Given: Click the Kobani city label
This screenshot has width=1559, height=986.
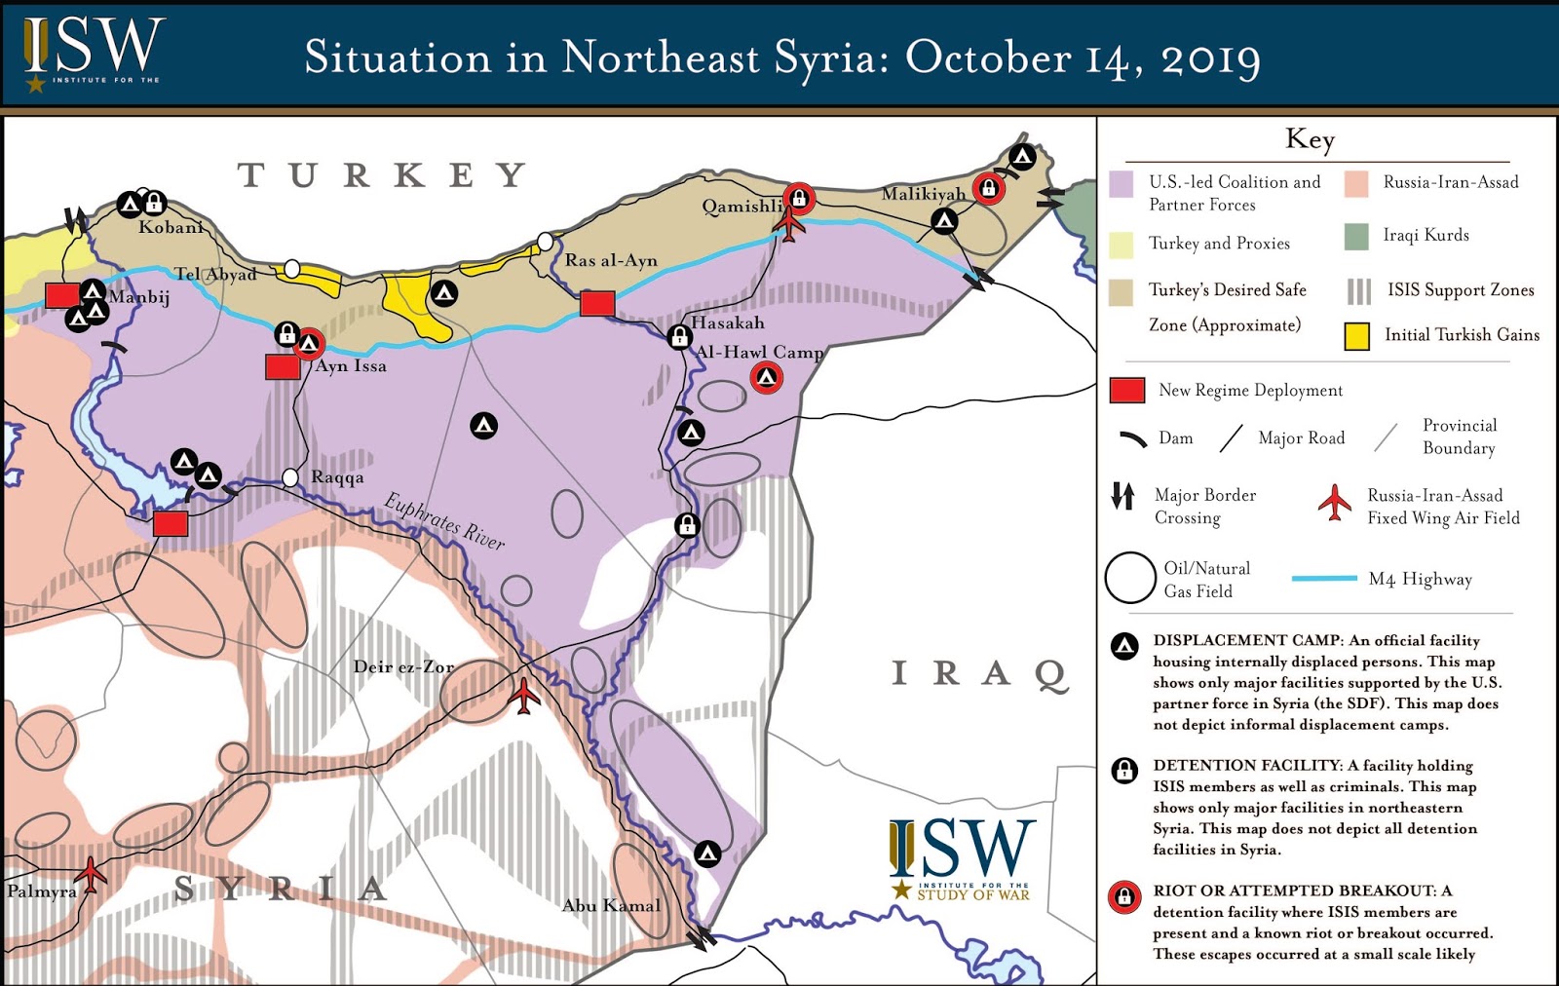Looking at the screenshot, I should tap(171, 227).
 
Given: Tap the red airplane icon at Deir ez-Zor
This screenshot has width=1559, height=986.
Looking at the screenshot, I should tap(524, 696).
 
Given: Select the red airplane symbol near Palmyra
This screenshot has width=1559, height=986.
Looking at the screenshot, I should tap(91, 874).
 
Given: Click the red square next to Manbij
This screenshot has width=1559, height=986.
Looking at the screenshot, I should tap(62, 295).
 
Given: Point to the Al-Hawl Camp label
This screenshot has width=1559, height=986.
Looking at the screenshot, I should tap(759, 352).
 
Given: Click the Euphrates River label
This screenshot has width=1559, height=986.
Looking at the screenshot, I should tap(444, 521).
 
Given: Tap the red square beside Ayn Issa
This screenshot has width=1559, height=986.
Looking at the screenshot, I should tap(283, 367).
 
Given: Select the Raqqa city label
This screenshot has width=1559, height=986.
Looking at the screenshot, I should tap(337, 477).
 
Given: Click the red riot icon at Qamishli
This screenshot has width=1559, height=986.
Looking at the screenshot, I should tap(799, 199).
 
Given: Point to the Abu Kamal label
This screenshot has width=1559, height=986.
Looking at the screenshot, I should tap(611, 905).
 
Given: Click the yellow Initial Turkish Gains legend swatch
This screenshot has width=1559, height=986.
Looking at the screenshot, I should tap(1356, 336).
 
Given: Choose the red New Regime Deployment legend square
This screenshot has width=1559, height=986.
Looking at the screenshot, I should tap(1127, 391).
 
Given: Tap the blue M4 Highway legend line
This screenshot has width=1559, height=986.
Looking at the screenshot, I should tap(1324, 579).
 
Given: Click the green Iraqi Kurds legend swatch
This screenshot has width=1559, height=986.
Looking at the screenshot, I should tap(1356, 236).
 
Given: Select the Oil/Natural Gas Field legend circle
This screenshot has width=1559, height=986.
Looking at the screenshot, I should tap(1130, 578).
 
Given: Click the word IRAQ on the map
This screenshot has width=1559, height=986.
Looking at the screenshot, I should tap(980, 673).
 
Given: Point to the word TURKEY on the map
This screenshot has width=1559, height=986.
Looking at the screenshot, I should tap(383, 175).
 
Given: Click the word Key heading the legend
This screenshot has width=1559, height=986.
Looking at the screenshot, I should tap(1310, 138).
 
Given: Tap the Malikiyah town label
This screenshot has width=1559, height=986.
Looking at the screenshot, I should tap(923, 194).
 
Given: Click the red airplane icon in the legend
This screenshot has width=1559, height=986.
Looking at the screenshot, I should tap(1335, 503).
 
